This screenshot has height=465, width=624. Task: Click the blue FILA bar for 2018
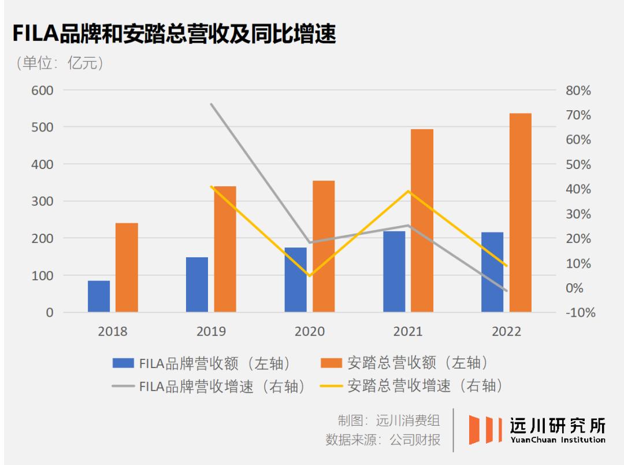[99, 297]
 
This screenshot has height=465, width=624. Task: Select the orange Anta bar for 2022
[520, 213]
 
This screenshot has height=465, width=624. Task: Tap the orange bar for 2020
[324, 246]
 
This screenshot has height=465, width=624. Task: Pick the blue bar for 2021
[394, 272]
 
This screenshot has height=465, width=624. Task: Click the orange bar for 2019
[225, 249]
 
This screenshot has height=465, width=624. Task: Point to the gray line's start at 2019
[211, 104]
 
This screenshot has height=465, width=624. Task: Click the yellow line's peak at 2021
[408, 191]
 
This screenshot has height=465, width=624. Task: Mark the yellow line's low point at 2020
[310, 276]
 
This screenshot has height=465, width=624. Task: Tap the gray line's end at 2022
[506, 291]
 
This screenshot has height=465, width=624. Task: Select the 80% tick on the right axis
[578, 91]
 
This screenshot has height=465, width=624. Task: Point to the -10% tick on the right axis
[578, 313]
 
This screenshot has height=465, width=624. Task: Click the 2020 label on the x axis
[310, 332]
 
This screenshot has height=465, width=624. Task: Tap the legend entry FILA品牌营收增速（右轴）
[209, 386]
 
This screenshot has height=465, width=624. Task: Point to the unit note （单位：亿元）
[61, 63]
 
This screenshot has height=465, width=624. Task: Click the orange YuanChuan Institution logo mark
[484, 429]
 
